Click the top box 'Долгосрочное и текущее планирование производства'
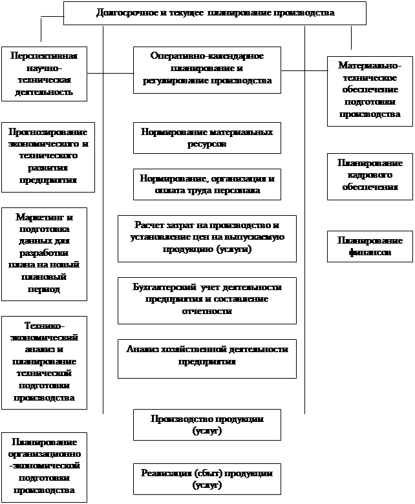(215, 13)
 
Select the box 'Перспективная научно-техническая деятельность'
(44, 74)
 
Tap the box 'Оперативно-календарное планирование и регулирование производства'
(207, 68)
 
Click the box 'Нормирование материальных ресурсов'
(207, 138)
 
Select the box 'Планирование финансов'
(370, 246)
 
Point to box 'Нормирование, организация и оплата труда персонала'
(207, 185)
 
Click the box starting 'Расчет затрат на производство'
(207, 237)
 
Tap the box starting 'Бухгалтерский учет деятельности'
(207, 300)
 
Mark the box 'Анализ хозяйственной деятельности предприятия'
(207, 358)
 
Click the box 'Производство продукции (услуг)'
(207, 425)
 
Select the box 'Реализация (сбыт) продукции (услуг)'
(207, 479)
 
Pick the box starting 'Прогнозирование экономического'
(48, 156)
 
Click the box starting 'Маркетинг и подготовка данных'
(44, 253)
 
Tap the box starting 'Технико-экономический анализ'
(44, 362)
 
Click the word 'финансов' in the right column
(370, 253)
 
